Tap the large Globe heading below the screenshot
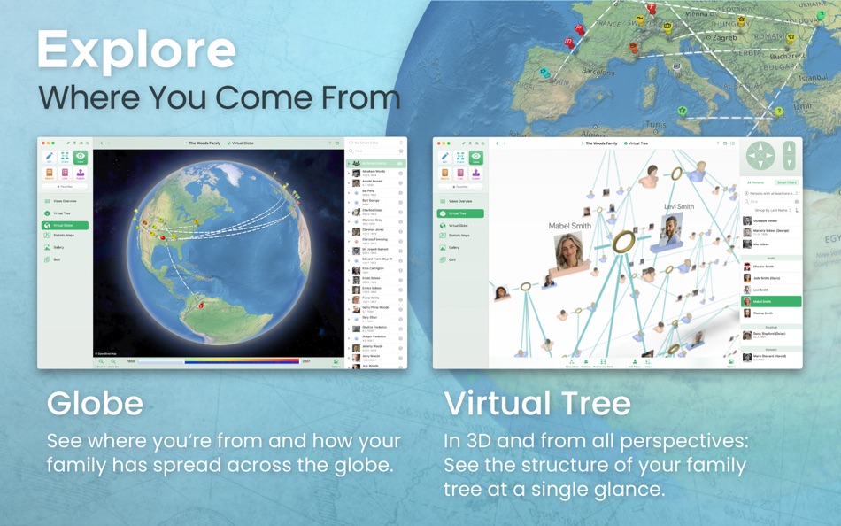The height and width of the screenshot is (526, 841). (95, 403)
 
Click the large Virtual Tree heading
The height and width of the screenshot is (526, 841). (537, 403)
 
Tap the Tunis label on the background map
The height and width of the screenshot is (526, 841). (655, 125)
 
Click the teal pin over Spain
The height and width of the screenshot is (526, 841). (545, 73)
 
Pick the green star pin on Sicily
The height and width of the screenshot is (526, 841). (683, 112)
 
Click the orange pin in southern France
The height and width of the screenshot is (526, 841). (634, 48)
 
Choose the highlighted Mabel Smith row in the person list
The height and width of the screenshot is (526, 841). (770, 301)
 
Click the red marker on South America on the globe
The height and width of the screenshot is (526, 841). (201, 306)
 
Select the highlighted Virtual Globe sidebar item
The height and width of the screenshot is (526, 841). (66, 225)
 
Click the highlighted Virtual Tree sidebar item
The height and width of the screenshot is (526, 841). (460, 213)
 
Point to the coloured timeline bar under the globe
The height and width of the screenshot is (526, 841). (218, 361)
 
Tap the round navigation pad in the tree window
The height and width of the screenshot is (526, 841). (760, 156)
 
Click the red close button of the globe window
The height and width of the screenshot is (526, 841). (42, 143)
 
